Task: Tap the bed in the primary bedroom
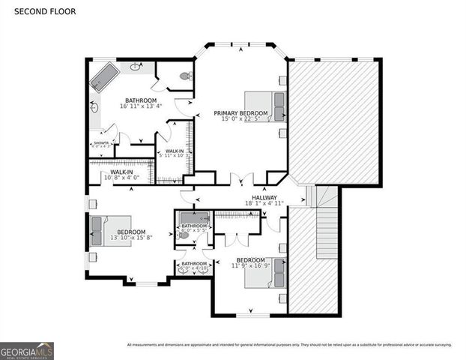point(266,106)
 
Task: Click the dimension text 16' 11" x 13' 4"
point(140,107)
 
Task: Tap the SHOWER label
point(100,142)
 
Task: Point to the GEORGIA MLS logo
point(27,351)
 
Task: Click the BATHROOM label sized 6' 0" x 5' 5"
point(194,226)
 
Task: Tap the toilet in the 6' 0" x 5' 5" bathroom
point(184,234)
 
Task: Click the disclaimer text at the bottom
point(288,345)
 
